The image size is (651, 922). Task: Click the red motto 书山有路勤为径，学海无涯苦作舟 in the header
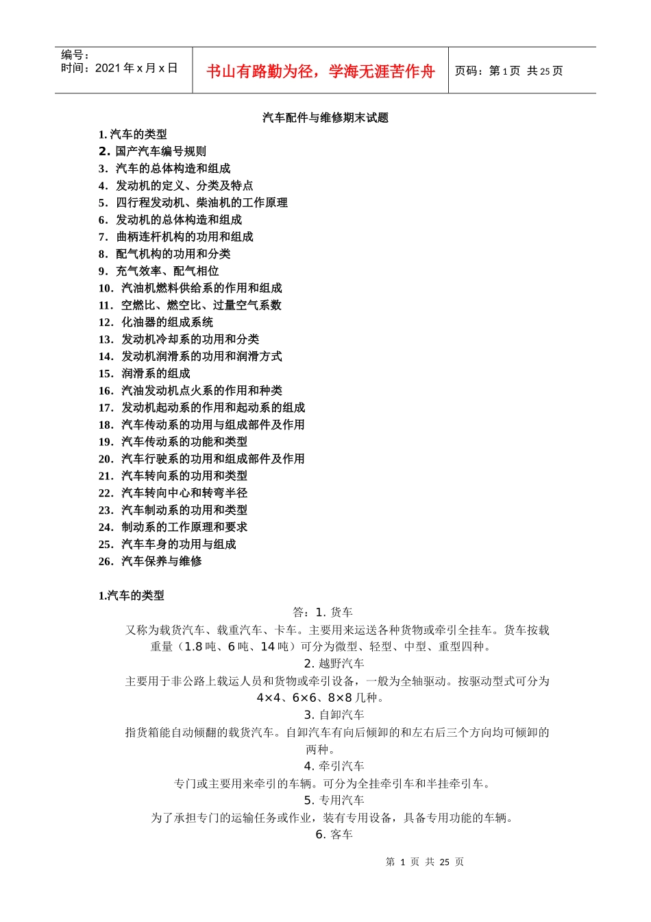tap(320, 71)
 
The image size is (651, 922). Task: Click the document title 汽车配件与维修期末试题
tap(325, 118)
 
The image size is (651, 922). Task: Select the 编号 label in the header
tap(75, 55)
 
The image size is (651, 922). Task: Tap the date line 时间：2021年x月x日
tap(119, 68)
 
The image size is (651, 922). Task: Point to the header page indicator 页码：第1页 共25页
tap(508, 71)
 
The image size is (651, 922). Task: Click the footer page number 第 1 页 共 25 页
tap(425, 862)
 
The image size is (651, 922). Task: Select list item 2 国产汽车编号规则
tap(152, 152)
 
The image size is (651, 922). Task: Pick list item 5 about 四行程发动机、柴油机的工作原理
tap(193, 203)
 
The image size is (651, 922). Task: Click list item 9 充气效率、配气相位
tap(158, 271)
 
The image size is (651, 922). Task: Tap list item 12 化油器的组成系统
tap(156, 322)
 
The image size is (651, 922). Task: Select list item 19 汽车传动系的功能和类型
tap(173, 442)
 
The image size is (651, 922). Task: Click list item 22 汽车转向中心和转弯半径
tap(173, 493)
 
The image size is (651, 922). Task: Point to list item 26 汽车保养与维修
tap(150, 561)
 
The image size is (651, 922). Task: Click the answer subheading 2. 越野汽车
tap(334, 663)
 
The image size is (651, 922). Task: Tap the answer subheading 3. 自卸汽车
tap(334, 715)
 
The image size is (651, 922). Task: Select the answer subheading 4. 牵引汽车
tap(334, 766)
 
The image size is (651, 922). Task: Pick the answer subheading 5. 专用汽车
tap(334, 801)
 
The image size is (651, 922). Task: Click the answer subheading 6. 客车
tap(334, 835)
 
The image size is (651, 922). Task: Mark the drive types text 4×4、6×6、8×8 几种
tap(320, 698)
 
